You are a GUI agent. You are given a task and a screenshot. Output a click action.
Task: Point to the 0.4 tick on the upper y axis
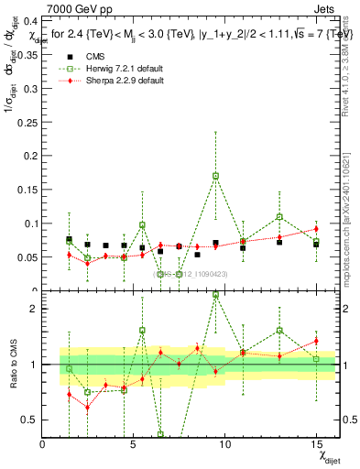pos(31,19)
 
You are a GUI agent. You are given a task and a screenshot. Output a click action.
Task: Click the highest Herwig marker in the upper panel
pos(215,175)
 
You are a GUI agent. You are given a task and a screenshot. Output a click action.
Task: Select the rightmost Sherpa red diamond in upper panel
pos(316,229)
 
